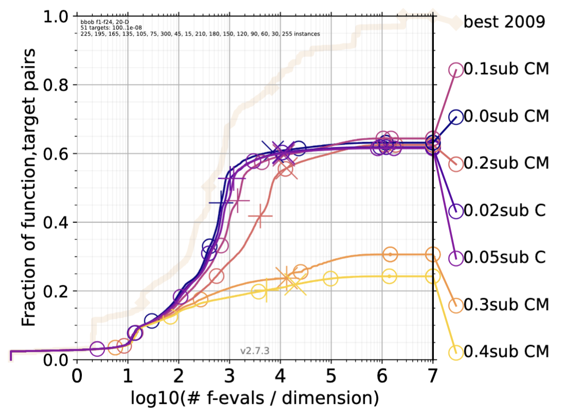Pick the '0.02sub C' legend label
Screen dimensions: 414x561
(504, 210)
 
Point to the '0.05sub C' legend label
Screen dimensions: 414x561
(504, 257)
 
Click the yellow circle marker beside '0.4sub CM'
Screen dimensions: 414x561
(455, 352)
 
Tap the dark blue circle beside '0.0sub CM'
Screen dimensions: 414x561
(455, 117)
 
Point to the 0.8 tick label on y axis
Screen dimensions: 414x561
(57, 85)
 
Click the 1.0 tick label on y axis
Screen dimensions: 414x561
(57, 16)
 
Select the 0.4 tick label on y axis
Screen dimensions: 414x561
(57, 222)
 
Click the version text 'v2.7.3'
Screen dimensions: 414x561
(255, 351)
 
